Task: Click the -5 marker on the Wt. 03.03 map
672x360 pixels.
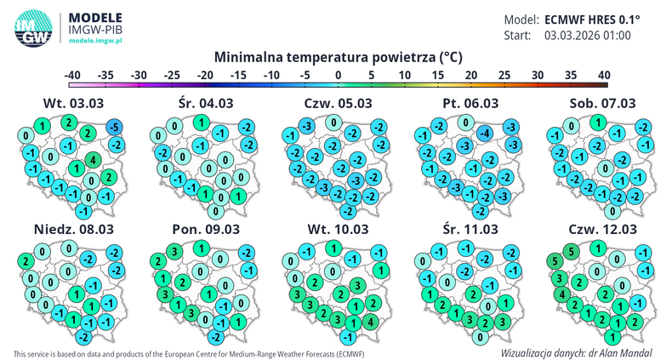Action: coord(114,128)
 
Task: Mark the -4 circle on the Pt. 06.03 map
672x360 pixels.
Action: coord(484,133)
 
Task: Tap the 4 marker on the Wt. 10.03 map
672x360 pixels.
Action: coord(368,322)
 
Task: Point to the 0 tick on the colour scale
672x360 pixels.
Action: coord(338,76)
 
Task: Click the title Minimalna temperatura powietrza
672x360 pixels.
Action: coord(338,57)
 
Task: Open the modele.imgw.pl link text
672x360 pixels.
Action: coord(95,40)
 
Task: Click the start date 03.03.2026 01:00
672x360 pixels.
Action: coord(588,36)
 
